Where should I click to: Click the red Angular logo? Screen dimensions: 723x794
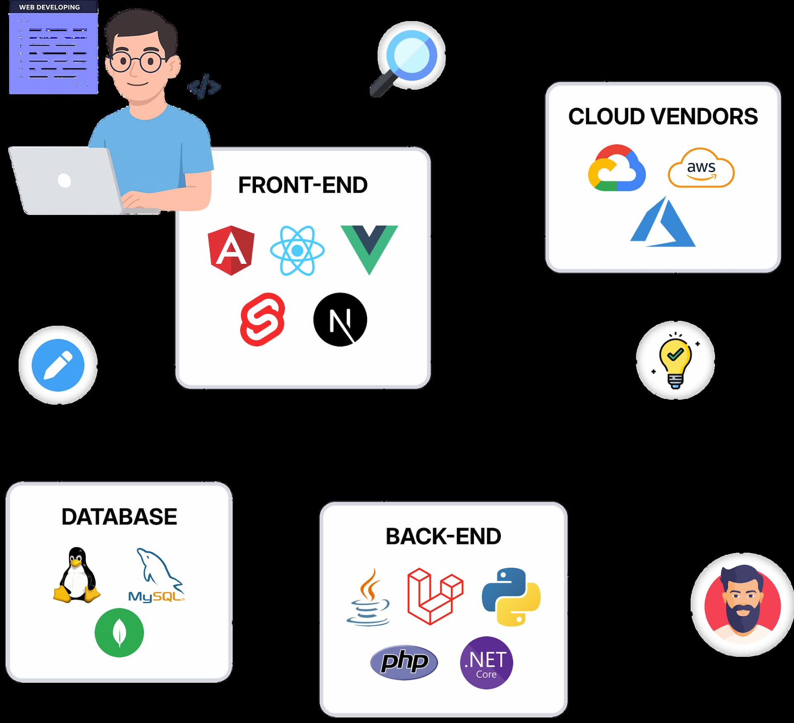pyautogui.click(x=231, y=250)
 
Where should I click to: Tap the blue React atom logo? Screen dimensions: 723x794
pyautogui.click(x=297, y=251)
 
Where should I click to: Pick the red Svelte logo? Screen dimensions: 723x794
pyautogui.click(x=263, y=319)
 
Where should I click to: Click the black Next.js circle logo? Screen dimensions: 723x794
pyautogui.click(x=340, y=320)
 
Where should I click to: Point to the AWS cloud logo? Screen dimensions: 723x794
pyautogui.click(x=701, y=168)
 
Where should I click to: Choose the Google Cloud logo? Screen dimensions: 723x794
pyautogui.click(x=617, y=168)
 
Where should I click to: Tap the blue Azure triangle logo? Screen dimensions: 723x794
pyautogui.click(x=662, y=223)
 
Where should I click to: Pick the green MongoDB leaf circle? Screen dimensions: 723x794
pyautogui.click(x=119, y=632)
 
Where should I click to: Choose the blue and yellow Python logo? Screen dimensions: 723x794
pyautogui.click(x=511, y=597)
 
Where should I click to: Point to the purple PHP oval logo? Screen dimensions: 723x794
pyautogui.click(x=404, y=662)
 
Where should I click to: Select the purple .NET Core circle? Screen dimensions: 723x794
pyautogui.click(x=486, y=662)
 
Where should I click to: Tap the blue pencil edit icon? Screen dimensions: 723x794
pyautogui.click(x=58, y=365)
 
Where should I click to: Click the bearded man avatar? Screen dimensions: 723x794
pyautogui.click(x=743, y=605)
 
